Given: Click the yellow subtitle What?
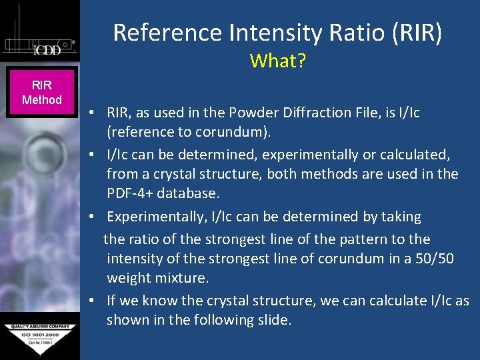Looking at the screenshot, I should pyautogui.click(x=277, y=61).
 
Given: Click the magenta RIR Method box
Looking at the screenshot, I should pyautogui.click(x=41, y=93).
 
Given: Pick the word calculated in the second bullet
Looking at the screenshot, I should pyautogui.click(x=412, y=155).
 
